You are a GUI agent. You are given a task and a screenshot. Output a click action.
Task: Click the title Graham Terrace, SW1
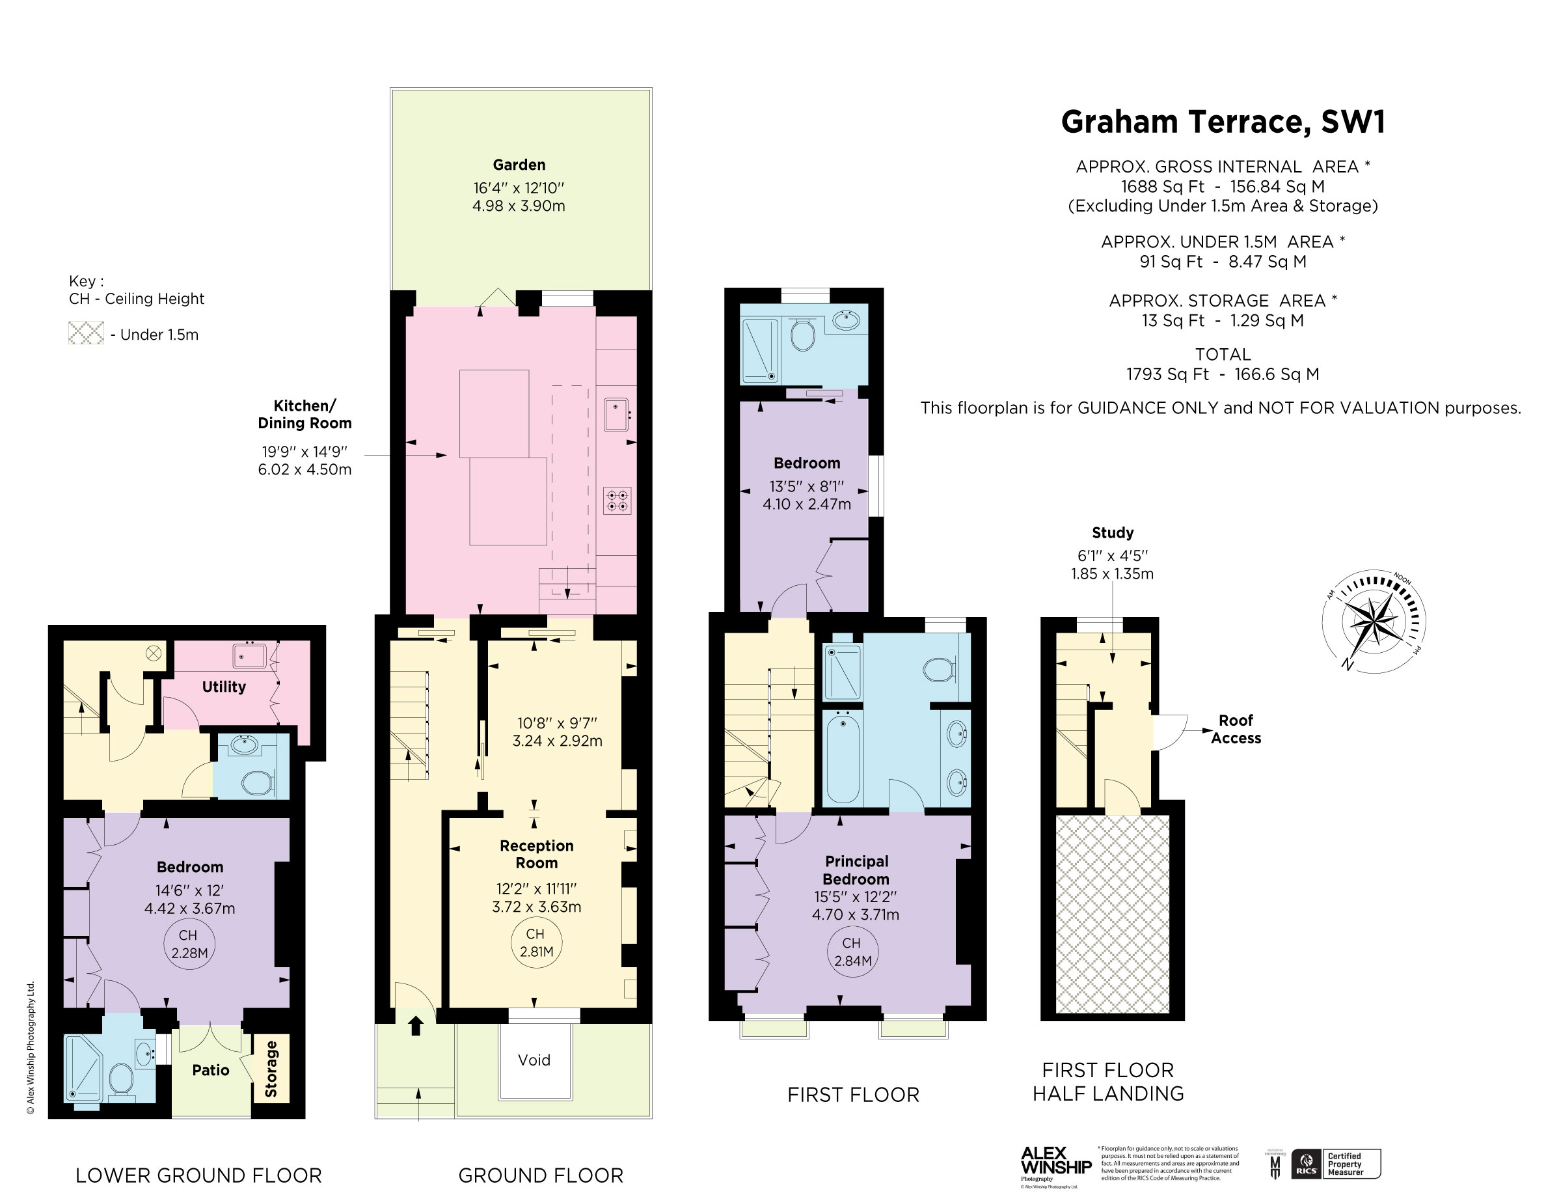1223,122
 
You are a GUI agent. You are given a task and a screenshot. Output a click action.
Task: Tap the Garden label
519,165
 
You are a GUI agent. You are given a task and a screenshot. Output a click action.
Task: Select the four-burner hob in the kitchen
617,501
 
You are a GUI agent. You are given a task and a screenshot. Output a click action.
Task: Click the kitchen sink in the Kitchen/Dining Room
616,414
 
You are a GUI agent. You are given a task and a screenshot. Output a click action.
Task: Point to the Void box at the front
534,1060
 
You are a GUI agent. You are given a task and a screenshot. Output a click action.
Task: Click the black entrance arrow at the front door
416,1025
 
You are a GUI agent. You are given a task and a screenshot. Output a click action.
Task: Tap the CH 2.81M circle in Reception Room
536,943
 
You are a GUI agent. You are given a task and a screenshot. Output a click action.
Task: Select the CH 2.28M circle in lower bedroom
189,944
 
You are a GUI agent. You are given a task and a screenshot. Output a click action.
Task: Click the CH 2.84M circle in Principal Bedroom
852,952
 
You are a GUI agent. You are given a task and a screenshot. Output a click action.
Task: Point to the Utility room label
224,687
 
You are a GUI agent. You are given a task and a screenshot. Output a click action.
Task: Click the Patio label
211,1069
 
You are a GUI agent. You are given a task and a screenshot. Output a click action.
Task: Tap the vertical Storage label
271,1068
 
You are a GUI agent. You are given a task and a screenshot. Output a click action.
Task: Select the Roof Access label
1235,729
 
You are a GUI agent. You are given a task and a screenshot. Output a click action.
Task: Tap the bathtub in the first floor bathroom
843,757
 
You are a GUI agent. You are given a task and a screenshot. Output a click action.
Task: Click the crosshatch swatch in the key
86,333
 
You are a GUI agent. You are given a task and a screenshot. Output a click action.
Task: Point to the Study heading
1112,532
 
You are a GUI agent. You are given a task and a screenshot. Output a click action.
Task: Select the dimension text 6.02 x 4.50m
305,469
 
